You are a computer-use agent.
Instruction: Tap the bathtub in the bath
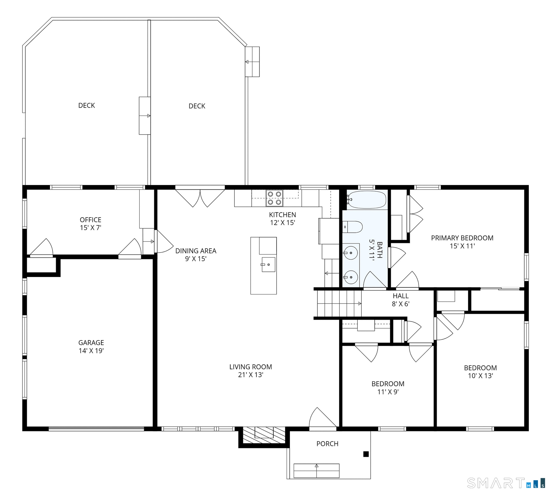[367, 200]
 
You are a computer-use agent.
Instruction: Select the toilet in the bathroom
[352, 227]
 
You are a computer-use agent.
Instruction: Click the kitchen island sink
[268, 264]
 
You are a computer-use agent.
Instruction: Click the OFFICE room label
[91, 220]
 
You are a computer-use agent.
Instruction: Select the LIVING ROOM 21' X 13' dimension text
[251, 375]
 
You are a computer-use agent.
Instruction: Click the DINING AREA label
[196, 251]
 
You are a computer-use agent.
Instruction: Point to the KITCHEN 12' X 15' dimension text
[282, 223]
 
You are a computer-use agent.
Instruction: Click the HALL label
[400, 296]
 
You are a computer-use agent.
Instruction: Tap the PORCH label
[327, 444]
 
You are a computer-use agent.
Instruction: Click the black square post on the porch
[366, 454]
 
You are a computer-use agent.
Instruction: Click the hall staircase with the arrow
[339, 303]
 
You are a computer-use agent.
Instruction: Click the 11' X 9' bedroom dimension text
[388, 392]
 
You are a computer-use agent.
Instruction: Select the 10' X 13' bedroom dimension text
[480, 376]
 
